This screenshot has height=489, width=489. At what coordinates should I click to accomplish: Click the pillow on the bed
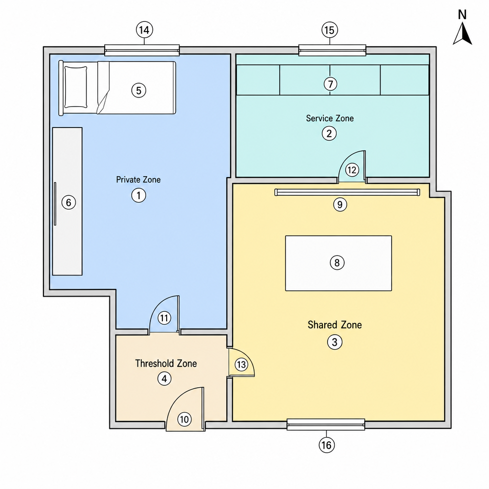(x=75, y=87)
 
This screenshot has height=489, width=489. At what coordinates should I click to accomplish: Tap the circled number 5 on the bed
(x=139, y=90)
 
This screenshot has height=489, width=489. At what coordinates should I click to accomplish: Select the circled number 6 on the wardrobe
(x=69, y=202)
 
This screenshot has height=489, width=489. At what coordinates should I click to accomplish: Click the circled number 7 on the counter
(x=330, y=84)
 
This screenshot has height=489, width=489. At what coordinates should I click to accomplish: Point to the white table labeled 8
(x=339, y=263)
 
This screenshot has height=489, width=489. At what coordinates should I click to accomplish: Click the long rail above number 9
(x=347, y=192)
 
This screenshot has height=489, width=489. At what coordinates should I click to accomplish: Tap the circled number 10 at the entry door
(x=184, y=419)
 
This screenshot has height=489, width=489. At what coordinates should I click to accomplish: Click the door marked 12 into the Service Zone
(x=352, y=167)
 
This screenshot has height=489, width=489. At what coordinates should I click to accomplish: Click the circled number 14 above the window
(x=144, y=30)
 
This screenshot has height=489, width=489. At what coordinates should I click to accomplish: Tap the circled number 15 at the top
(x=330, y=30)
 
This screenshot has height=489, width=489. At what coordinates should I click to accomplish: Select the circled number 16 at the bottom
(x=327, y=445)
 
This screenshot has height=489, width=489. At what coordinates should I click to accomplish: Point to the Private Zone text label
(x=138, y=180)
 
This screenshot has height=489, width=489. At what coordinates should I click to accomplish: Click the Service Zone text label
(x=330, y=118)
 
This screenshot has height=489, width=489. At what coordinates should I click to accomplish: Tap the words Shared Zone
(x=335, y=325)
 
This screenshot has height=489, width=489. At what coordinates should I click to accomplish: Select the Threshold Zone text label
(x=166, y=363)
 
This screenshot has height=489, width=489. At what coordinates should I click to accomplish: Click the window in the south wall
(x=326, y=425)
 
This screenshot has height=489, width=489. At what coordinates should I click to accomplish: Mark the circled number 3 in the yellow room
(x=335, y=342)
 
